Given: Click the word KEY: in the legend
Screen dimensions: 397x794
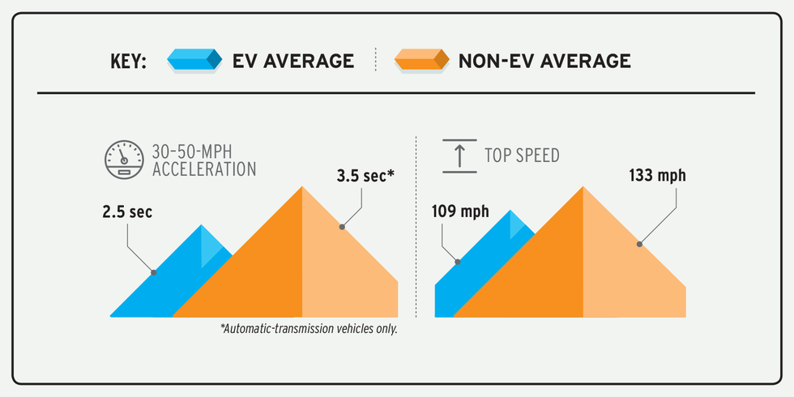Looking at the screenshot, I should click(128, 61).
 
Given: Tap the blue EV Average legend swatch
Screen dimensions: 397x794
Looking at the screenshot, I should click(194, 60).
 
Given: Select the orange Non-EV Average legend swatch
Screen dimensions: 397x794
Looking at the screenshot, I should click(421, 60).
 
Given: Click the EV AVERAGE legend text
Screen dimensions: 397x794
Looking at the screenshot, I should click(293, 61).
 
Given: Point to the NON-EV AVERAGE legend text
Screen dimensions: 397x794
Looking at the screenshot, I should click(544, 61).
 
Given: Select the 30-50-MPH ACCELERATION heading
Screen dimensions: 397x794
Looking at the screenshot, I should click(203, 160).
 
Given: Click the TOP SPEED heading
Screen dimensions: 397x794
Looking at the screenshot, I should click(522, 156).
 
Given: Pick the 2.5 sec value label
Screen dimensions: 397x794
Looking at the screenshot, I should click(127, 212).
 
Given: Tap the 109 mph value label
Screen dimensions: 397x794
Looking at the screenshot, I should click(461, 212).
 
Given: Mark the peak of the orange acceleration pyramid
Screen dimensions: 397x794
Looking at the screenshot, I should click(302, 188).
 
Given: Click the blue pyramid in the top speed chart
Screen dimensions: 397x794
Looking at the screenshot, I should click(478, 259).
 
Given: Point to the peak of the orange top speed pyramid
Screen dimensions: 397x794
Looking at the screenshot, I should click(583, 188).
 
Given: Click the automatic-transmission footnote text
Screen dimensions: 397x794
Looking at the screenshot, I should click(309, 330).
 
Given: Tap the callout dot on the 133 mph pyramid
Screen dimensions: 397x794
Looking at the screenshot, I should click(639, 242).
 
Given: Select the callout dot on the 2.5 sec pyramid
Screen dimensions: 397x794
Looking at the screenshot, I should click(153, 272).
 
